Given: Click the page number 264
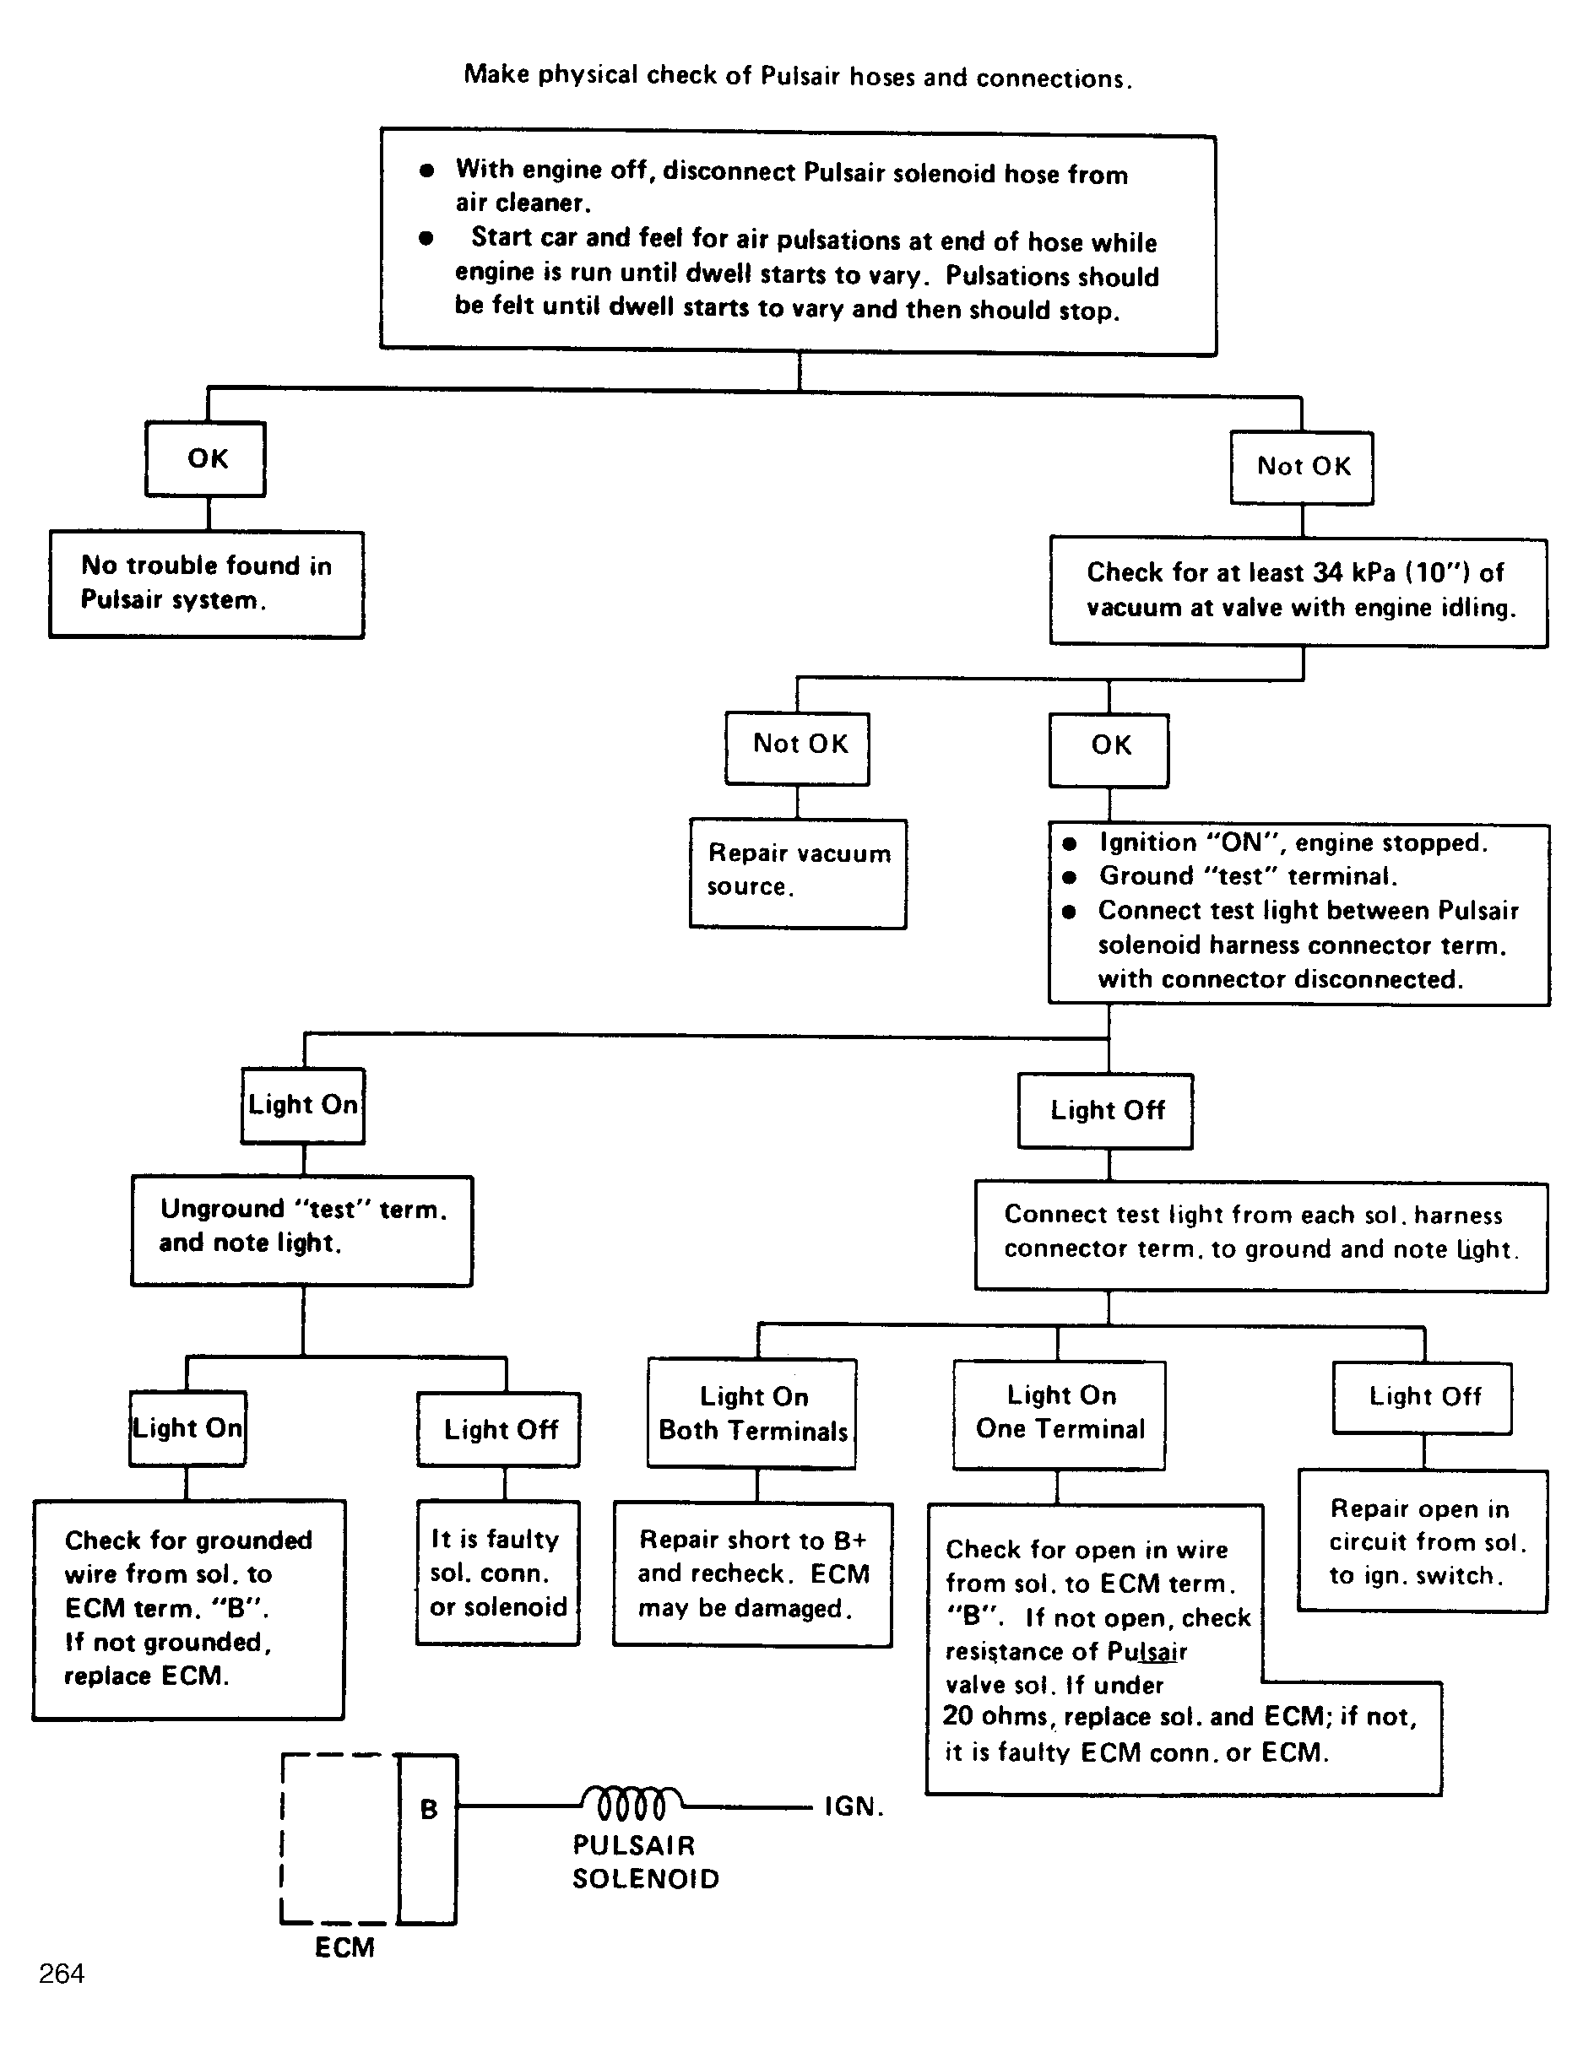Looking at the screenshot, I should [x=62, y=1973].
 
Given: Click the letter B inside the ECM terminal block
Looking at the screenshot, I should [x=428, y=1809].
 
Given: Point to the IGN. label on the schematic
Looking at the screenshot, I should [x=854, y=1806].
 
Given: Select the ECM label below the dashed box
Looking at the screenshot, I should [x=344, y=1947].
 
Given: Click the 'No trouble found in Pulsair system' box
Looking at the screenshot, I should [x=206, y=584].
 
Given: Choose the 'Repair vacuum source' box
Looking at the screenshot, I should [x=798, y=872].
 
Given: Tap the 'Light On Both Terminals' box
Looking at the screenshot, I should [x=751, y=1412].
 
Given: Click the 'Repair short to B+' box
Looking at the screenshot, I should [x=751, y=1573].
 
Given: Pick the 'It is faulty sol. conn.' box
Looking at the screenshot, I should [x=497, y=1573].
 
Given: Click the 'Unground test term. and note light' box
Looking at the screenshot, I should [x=301, y=1229].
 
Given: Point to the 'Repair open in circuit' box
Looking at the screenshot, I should [x=1422, y=1542].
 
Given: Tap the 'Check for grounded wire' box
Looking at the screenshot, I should [x=188, y=1609].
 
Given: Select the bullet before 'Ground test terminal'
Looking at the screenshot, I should [x=1070, y=877].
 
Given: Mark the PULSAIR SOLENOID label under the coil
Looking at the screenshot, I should [x=645, y=1862].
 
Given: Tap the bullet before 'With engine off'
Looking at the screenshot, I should [x=427, y=171].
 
